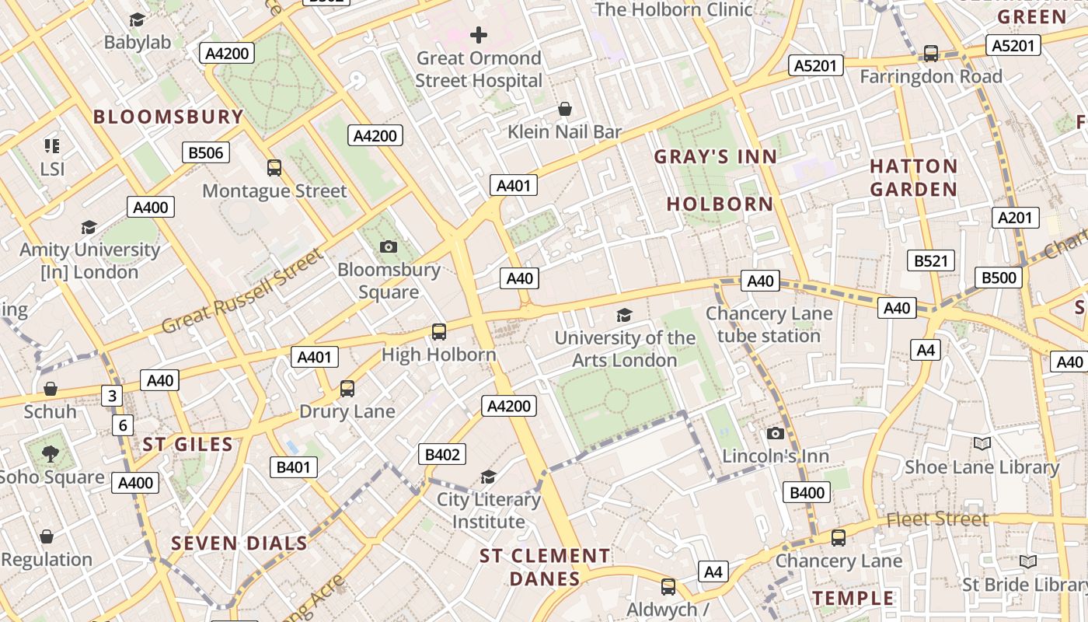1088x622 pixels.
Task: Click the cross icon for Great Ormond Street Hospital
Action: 479,35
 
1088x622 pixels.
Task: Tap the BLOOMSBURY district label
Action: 169,117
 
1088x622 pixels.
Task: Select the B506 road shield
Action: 206,152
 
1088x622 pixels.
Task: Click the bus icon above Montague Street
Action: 274,168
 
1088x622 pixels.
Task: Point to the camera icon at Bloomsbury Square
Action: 389,247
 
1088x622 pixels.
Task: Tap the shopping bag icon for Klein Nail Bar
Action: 565,109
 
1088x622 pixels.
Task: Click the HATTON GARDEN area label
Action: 913,178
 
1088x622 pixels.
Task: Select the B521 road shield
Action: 930,260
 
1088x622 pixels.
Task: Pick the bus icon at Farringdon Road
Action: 930,54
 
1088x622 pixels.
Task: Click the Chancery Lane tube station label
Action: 769,325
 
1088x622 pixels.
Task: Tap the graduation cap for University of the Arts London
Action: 624,315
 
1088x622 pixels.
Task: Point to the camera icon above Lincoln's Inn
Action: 775,434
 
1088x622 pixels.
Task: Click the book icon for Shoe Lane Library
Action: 982,443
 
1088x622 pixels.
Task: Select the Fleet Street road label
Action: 937,519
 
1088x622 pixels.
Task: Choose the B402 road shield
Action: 442,455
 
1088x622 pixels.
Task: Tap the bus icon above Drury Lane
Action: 347,389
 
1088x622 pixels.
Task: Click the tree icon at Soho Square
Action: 51,453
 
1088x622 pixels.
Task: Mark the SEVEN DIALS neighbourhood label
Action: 239,543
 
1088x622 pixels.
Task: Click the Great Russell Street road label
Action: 242,291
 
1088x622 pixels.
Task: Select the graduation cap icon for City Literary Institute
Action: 488,477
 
